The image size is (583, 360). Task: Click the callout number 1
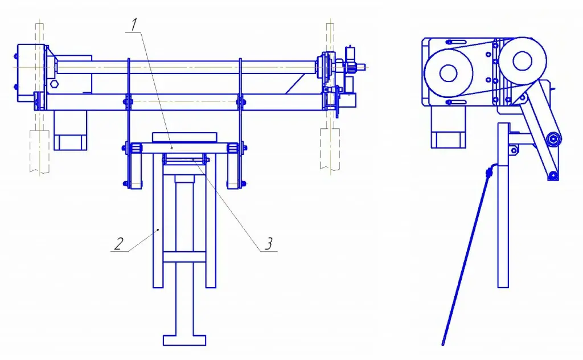click(x=134, y=25)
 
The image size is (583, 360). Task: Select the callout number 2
click(x=118, y=244)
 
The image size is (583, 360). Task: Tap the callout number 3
click(x=269, y=244)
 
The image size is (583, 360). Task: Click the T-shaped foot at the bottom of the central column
click(x=184, y=340)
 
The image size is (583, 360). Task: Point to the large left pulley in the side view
click(x=449, y=73)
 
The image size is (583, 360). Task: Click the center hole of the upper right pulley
click(x=522, y=60)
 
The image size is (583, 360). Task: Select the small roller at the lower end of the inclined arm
click(x=553, y=175)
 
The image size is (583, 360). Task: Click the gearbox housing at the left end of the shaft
click(x=31, y=72)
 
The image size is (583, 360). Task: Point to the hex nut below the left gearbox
click(x=54, y=83)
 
